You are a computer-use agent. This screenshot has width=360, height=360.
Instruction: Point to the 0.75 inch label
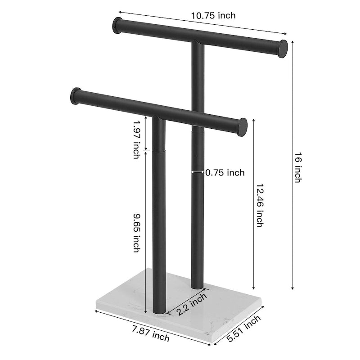coord(225,172)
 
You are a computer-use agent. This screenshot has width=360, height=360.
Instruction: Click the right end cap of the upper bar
coord(282,48)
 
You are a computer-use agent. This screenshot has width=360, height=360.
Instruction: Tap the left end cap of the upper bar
coord(117,25)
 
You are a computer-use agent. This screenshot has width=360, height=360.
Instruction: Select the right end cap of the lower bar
coord(242,127)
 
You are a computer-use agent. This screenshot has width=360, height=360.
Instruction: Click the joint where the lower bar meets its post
coord(158,118)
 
